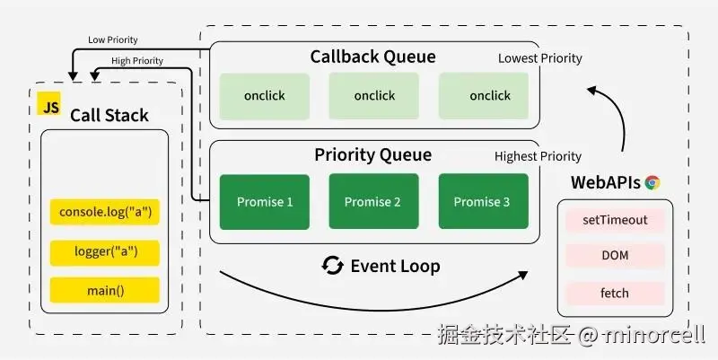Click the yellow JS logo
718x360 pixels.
click(x=49, y=103)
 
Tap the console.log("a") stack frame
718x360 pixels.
click(x=105, y=212)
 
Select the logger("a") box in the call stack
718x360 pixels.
click(x=105, y=252)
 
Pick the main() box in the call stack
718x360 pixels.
click(x=105, y=290)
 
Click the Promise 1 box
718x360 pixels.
click(x=265, y=202)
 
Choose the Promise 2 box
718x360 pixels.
click(x=373, y=201)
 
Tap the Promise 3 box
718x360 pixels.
click(x=484, y=201)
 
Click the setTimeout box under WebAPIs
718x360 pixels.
click(x=615, y=220)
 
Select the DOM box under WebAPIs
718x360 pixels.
click(x=615, y=256)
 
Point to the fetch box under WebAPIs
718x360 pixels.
click(x=615, y=294)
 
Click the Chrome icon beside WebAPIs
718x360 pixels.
click(x=652, y=183)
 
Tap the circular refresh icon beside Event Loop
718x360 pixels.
click(x=332, y=266)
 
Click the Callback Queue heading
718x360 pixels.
click(x=372, y=57)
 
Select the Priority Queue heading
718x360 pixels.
click(x=372, y=154)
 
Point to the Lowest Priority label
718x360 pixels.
click(x=540, y=58)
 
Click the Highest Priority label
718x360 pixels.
click(x=538, y=156)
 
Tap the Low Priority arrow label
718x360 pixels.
click(x=113, y=40)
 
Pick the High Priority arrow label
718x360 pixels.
click(x=137, y=61)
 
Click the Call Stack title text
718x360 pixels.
click(x=109, y=116)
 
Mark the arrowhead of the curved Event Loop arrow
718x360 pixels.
click(x=523, y=275)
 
